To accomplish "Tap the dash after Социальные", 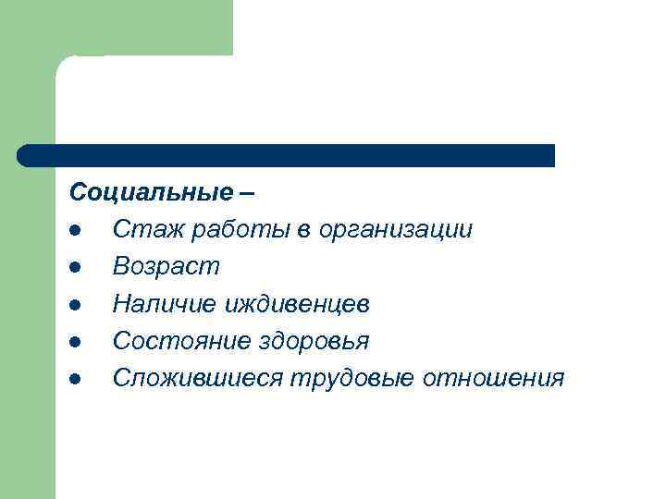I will (x=247, y=194).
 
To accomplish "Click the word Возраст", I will (x=166, y=268).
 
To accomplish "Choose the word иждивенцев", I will (x=294, y=304).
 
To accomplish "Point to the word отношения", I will (x=494, y=378).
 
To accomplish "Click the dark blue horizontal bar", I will (x=287, y=155).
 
